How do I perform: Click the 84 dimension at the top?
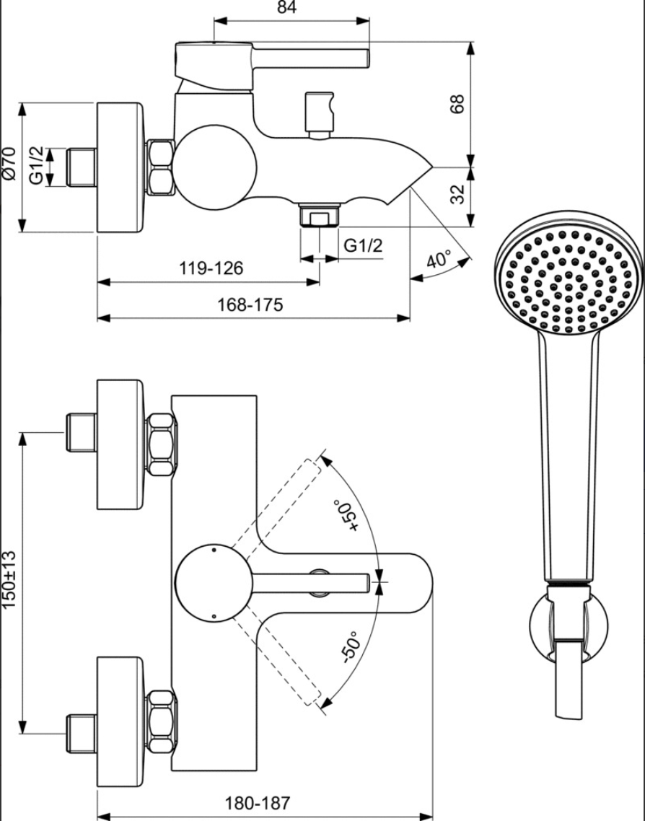287,7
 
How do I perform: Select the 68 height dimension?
457,104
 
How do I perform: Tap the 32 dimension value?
457,194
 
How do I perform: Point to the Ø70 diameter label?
10,164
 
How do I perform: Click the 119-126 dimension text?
211,268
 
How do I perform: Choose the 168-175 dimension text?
250,304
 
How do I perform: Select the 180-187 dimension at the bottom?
257,803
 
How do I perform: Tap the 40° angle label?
439,260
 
